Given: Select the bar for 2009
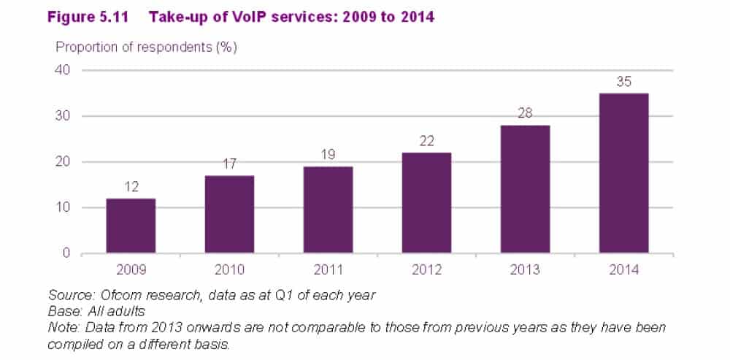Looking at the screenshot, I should [x=131, y=226].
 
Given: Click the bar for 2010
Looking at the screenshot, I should [x=229, y=215].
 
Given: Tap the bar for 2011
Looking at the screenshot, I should [x=328, y=210].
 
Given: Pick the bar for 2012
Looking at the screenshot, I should [x=426, y=203].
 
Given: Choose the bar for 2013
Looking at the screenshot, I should [x=525, y=189].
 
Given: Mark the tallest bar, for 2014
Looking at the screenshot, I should [x=623, y=173].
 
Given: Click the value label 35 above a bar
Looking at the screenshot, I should [x=623, y=83].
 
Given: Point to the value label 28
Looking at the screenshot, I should [x=525, y=114].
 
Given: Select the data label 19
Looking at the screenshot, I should [x=328, y=156].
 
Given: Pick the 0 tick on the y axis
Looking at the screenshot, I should [x=66, y=253].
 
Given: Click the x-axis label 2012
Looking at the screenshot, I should [x=426, y=269].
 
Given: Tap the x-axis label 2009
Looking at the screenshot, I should [x=131, y=269].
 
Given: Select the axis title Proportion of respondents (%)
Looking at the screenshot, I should [x=147, y=47].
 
